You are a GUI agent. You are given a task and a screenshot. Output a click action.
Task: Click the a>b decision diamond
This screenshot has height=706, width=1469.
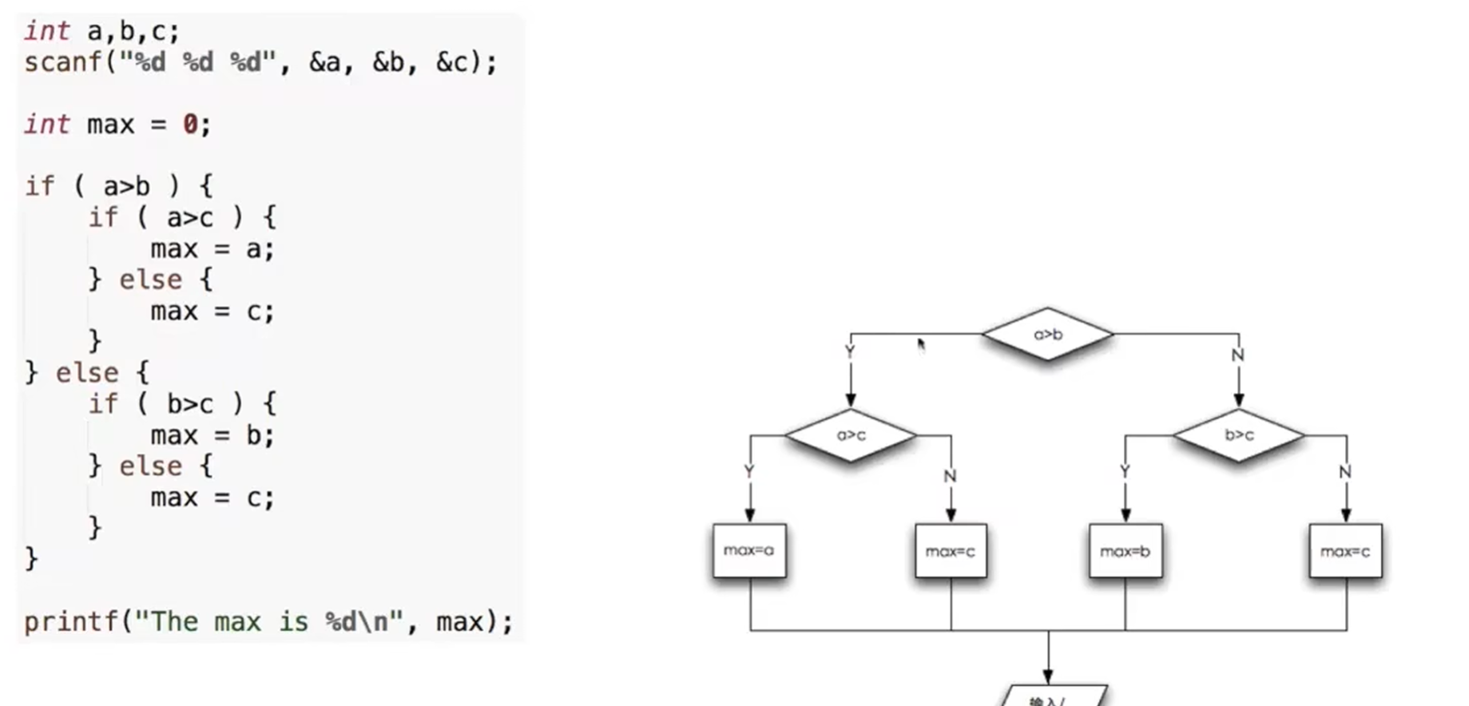[x=1047, y=334]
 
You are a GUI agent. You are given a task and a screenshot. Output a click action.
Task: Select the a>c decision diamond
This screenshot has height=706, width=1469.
[x=851, y=434]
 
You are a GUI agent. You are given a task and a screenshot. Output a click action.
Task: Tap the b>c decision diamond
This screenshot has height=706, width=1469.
[x=1238, y=434]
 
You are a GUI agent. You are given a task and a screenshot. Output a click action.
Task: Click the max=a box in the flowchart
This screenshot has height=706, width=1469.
[x=748, y=550]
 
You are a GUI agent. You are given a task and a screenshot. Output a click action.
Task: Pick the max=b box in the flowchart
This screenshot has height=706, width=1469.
[x=1125, y=551]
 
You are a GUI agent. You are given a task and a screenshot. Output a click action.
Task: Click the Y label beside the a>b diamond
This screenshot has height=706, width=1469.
[x=849, y=352]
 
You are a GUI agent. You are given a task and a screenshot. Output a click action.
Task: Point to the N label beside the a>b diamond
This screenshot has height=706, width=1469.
[x=1237, y=355]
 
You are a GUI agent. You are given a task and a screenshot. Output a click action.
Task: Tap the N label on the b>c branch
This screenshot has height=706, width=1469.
[x=1345, y=473]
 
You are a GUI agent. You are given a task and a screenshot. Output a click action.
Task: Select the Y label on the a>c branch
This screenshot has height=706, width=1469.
[x=748, y=472]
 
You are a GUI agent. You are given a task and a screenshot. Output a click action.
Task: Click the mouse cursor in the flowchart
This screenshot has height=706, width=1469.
[x=921, y=344]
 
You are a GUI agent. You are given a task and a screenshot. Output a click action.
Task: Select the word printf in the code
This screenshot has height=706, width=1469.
[x=71, y=621]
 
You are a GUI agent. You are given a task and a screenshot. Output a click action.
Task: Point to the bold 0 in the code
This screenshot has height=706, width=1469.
[x=190, y=125]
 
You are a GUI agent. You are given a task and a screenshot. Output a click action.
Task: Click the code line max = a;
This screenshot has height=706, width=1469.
[x=212, y=249]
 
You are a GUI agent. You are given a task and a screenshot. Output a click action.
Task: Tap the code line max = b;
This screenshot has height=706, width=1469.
[x=212, y=436]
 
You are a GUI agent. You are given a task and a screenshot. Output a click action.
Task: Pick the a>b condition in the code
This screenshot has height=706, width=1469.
[x=126, y=187]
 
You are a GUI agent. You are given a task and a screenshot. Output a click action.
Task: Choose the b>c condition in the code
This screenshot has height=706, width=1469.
[x=189, y=405]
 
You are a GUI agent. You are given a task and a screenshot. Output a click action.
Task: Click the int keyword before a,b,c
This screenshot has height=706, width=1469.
[x=46, y=31]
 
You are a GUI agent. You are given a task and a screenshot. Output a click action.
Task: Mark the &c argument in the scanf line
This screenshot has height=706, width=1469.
[x=451, y=62]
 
